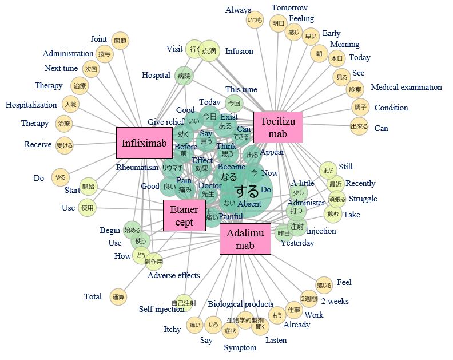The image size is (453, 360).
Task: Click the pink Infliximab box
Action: (x=144, y=142)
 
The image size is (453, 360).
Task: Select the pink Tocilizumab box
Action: (x=277, y=127)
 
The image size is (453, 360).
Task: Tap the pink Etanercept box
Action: (x=184, y=215)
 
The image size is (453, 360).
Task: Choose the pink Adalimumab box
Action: (x=245, y=239)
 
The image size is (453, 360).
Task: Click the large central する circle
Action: (x=247, y=191)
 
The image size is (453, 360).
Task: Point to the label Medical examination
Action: (x=406, y=88)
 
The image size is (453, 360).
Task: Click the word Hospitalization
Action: (x=31, y=105)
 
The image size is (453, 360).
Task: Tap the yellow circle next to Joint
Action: (x=120, y=41)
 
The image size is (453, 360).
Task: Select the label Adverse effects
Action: (x=174, y=275)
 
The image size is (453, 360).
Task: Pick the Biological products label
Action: (x=240, y=304)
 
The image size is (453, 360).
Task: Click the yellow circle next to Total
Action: (x=118, y=296)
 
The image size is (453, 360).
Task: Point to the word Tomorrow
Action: (x=289, y=8)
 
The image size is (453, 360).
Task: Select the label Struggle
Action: (x=363, y=199)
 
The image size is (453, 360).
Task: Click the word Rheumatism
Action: (x=137, y=168)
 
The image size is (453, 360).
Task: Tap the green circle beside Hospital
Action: (x=184, y=76)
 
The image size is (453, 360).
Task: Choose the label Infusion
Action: (x=239, y=52)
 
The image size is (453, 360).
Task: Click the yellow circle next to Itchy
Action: (x=195, y=326)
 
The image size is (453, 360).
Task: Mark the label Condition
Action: (x=391, y=108)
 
